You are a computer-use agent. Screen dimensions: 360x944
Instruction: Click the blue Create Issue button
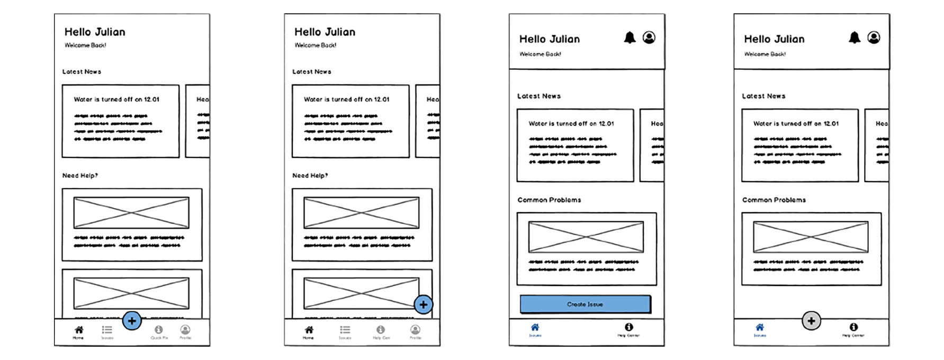(585, 304)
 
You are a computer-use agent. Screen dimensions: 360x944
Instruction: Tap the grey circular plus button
(811, 321)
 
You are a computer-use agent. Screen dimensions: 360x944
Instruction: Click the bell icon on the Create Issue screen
(630, 38)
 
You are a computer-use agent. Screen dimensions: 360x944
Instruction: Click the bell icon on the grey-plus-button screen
(855, 38)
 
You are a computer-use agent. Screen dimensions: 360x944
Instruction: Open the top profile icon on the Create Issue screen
(649, 38)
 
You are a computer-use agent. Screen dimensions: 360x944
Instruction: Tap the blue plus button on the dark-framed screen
(423, 304)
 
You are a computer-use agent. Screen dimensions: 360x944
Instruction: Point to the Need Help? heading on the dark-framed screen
(310, 175)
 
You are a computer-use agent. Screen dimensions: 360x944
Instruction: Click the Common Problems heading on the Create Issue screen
(549, 200)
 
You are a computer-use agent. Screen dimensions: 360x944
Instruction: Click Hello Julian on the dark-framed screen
(325, 32)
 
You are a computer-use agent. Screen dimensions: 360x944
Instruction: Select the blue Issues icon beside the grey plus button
(760, 328)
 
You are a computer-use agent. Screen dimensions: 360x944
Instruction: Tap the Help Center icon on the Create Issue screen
(628, 328)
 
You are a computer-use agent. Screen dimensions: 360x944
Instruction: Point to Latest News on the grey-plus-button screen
(763, 96)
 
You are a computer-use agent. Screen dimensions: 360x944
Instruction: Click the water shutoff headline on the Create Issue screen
(571, 123)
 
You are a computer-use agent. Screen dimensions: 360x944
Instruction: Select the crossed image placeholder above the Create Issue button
(586, 237)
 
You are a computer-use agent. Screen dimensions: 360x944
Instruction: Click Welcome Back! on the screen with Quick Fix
(85, 46)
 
